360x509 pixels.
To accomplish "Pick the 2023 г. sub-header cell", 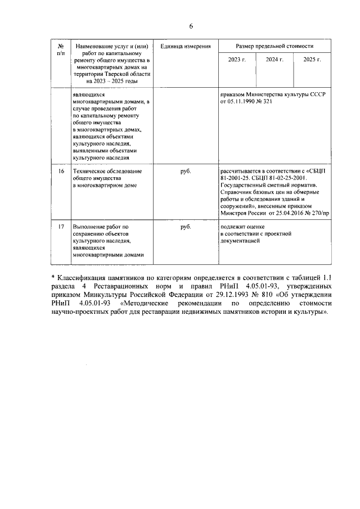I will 237,59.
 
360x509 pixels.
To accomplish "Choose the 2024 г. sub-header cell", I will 274,59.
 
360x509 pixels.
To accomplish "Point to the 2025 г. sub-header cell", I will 312,59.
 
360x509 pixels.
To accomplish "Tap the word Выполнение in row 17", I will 91,226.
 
